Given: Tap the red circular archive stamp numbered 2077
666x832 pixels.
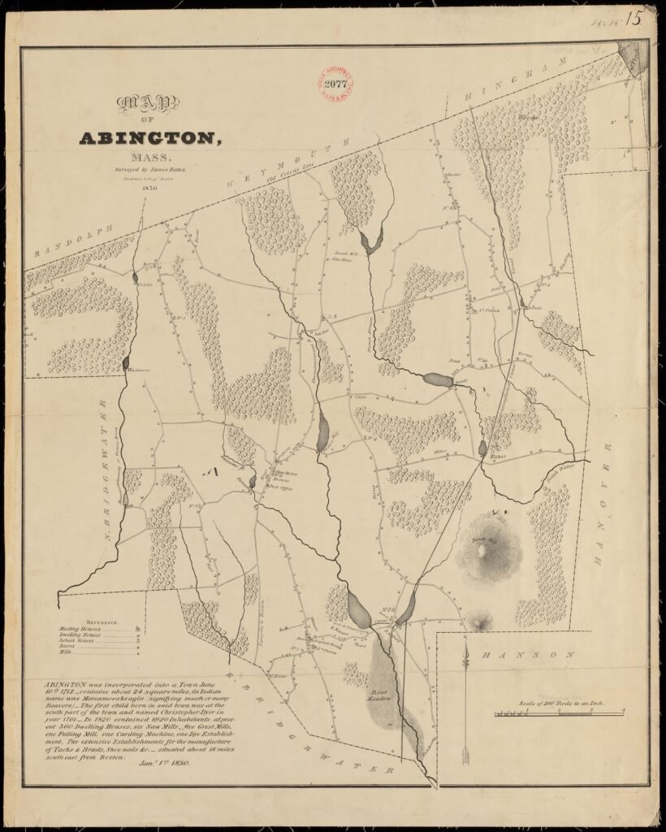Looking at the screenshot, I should click(x=335, y=83).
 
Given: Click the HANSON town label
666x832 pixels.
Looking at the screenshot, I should click(x=528, y=654).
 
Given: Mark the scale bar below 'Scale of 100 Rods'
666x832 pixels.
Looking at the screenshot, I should click(x=560, y=713).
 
